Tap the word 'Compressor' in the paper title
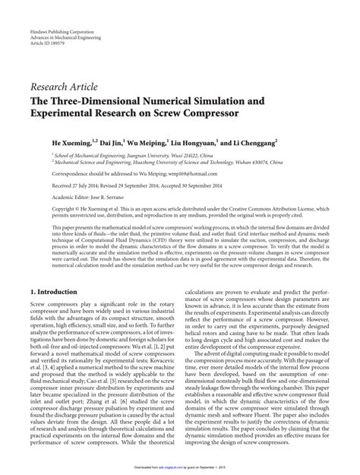point(216,102)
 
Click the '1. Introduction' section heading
point(56,270)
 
